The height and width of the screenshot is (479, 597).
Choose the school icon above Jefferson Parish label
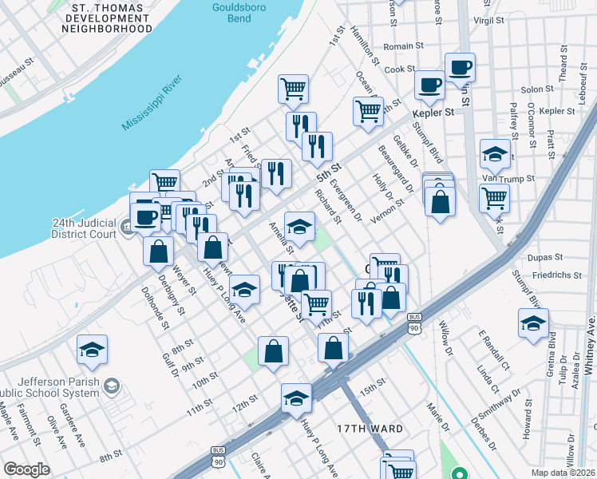(92, 350)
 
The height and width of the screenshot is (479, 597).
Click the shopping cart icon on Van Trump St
(494, 196)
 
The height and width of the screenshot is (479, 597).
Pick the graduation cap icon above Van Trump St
(494, 155)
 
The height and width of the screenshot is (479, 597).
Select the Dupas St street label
(548, 259)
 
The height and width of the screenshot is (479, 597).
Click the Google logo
(26, 469)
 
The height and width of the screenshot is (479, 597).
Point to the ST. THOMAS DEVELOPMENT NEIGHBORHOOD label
(107, 18)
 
